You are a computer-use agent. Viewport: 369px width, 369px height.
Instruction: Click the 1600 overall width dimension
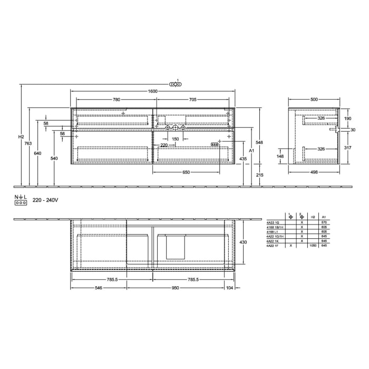(x=152, y=91)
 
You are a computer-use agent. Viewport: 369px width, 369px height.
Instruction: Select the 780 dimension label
(x=116, y=99)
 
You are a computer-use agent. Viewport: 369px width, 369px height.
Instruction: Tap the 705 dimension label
(x=193, y=99)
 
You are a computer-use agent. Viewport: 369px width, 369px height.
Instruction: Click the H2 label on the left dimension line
(x=21, y=137)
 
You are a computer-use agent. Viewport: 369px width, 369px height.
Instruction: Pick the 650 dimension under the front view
(x=186, y=172)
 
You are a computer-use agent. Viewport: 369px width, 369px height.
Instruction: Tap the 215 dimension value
(x=259, y=174)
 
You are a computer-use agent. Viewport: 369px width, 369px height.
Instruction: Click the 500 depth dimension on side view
(x=314, y=99)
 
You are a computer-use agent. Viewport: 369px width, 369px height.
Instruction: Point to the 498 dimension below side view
(x=314, y=172)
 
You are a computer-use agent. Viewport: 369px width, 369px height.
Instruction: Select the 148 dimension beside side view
(x=280, y=156)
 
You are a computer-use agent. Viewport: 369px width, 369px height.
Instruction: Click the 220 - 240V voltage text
(x=45, y=200)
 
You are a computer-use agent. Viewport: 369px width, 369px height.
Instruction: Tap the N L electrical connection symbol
(x=21, y=200)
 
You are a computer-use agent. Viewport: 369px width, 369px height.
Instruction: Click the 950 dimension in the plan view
(x=175, y=288)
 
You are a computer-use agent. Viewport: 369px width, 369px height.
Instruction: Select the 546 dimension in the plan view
(x=98, y=288)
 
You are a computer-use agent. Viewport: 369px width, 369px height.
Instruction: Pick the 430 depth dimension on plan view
(x=243, y=242)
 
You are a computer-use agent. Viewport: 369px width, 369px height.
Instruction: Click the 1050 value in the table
(x=313, y=245)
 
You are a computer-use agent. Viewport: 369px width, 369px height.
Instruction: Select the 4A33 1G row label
(x=273, y=223)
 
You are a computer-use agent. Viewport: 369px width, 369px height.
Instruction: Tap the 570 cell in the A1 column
(x=324, y=223)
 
